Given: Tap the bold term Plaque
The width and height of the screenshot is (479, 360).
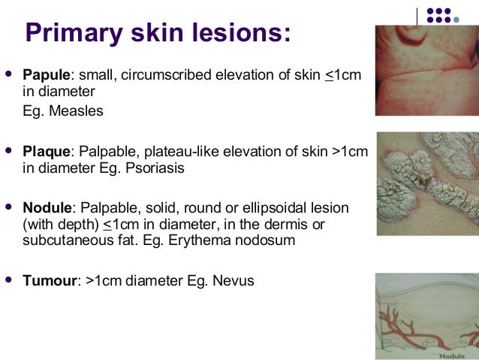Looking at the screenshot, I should tap(46, 152).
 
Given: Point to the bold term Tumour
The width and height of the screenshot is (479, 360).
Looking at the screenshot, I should tap(50, 281).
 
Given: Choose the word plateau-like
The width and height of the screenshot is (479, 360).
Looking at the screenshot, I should tap(170, 152).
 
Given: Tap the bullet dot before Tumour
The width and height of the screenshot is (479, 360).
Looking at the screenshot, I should tap(9, 280).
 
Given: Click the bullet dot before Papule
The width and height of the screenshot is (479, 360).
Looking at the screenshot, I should tap(9, 74).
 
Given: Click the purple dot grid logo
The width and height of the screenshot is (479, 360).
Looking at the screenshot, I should tap(449, 16).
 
